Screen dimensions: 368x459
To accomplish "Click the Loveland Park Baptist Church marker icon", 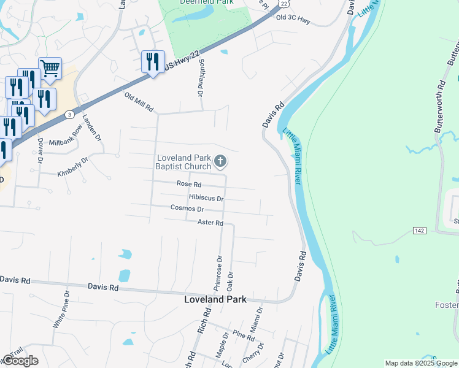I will tap(220, 162).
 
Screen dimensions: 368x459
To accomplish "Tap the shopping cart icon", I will tap(50, 68).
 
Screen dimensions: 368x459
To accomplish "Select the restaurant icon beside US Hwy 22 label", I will tap(152, 61).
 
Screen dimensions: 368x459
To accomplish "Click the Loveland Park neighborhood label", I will tap(215, 299).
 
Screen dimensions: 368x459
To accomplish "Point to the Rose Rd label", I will tap(189, 184).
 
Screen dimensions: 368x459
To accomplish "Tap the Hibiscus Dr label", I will tap(206, 198).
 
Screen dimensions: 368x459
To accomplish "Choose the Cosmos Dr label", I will tap(187, 209).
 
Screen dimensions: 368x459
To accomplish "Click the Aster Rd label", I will tap(210, 223).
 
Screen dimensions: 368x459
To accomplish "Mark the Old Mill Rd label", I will tap(139, 102).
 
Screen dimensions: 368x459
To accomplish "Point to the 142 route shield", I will tap(419, 230).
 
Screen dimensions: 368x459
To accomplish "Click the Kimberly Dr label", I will tap(73, 166).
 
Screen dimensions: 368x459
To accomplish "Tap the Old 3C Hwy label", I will tap(293, 18).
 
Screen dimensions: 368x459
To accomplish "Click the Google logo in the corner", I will tap(20, 361).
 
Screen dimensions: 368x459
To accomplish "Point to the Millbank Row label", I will tap(66, 140).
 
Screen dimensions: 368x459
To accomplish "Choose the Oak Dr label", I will tap(230, 282).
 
